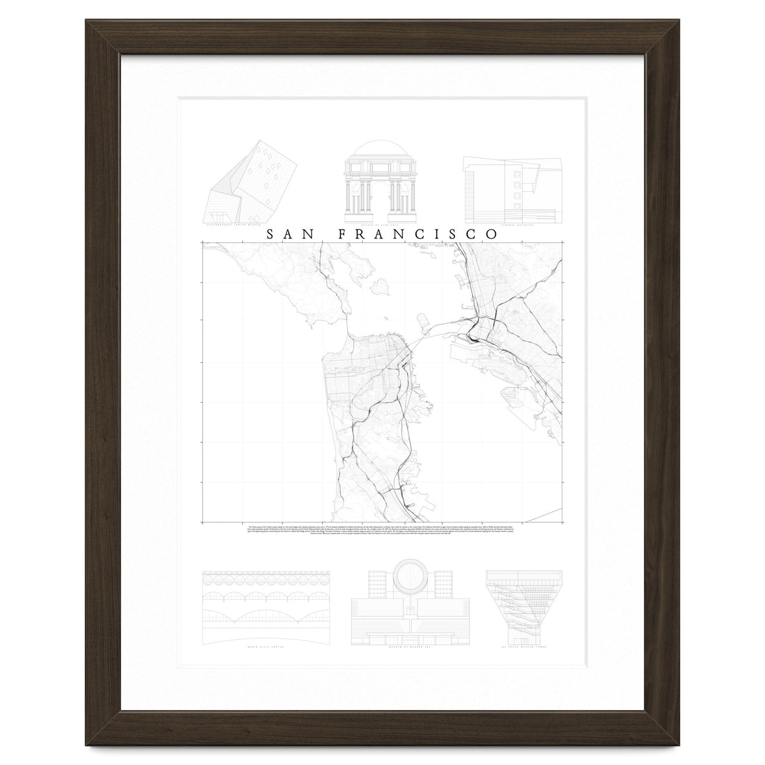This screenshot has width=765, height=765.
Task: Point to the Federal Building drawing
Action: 505,185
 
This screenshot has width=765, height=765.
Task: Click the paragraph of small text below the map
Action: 382,530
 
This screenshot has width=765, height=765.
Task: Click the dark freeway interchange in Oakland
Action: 476,331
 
